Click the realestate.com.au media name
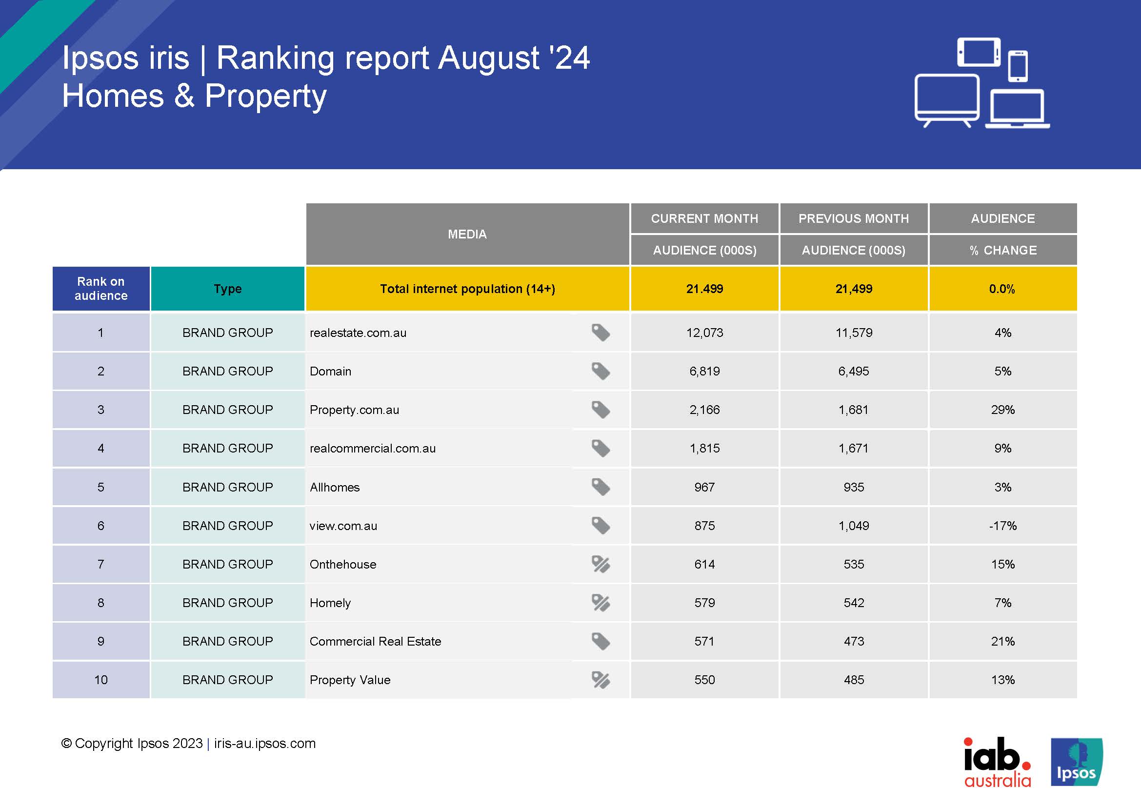[358, 333]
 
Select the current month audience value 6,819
[704, 371]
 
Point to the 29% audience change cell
[1002, 410]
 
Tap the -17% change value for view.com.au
[1002, 526]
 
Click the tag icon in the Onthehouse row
[601, 564]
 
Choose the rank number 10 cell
[101, 680]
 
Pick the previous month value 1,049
[853, 526]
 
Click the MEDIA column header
[467, 234]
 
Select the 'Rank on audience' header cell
[101, 289]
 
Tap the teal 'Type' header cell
[228, 289]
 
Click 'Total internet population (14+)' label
[467, 289]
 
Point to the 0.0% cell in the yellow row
[1002, 289]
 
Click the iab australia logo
[997, 762]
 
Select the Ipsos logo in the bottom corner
[1077, 762]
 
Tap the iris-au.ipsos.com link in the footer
[265, 744]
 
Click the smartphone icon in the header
[1018, 65]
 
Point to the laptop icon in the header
[1017, 109]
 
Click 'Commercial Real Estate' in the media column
[375, 641]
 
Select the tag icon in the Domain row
[601, 371]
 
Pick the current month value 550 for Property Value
[704, 680]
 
